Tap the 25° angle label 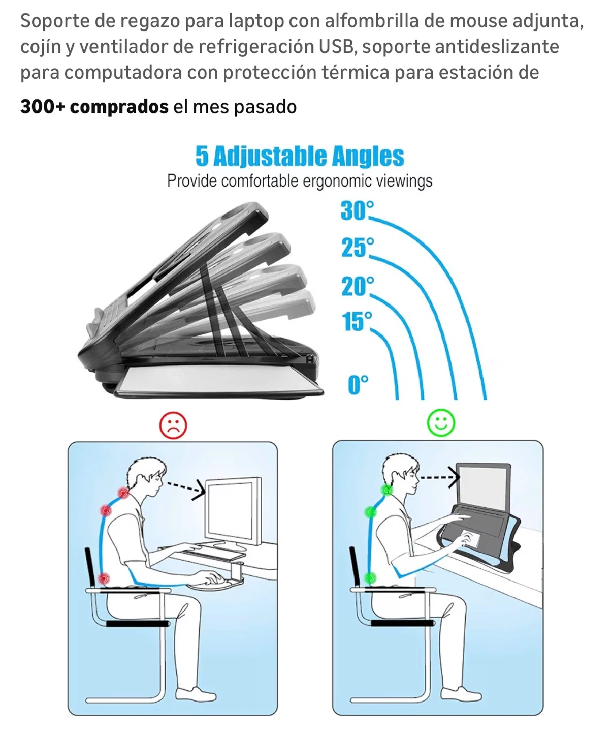358,248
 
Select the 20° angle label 358,286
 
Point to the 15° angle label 357,321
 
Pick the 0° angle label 358,384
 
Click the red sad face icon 173,425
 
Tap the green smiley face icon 441,422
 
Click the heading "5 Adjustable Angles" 300,157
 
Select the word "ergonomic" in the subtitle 337,181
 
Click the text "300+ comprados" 94,107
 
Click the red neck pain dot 123,493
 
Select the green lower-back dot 370,577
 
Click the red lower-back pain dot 104,578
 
